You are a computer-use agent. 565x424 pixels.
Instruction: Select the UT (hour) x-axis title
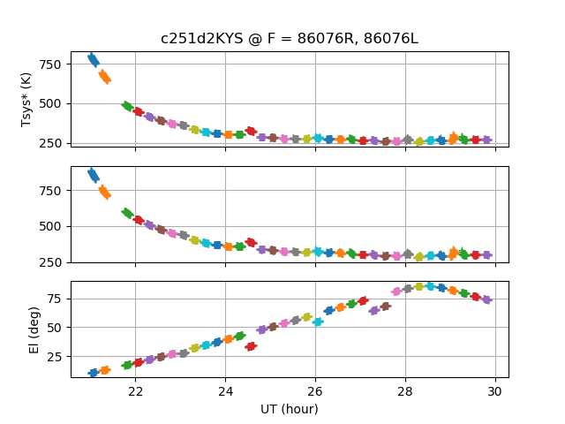click(x=290, y=409)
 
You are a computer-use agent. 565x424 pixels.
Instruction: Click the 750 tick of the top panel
click(x=49, y=64)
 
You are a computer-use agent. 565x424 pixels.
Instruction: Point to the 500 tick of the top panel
click(x=49, y=104)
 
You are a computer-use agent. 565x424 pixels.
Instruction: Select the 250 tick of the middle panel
click(x=49, y=262)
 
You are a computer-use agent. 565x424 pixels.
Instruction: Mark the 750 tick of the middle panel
click(x=49, y=191)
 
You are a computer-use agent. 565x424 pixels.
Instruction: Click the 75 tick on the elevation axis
click(x=55, y=299)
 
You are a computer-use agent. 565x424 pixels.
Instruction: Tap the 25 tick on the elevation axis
click(x=55, y=356)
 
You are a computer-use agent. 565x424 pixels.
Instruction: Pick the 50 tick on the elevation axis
click(x=55, y=328)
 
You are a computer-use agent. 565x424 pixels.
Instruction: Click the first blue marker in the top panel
click(x=93, y=59)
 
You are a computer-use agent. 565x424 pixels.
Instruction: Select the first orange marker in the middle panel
click(x=104, y=192)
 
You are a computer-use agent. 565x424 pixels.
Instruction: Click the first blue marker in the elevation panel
click(x=93, y=373)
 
